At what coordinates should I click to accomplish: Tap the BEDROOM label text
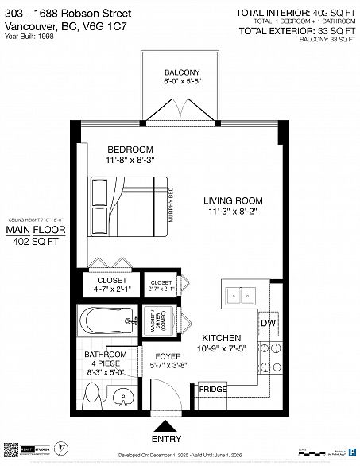(130, 150)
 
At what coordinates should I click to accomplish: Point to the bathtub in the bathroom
(106, 323)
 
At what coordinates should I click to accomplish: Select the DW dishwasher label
(268, 323)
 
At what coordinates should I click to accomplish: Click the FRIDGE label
(212, 389)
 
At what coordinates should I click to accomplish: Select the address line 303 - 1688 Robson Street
(61, 11)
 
